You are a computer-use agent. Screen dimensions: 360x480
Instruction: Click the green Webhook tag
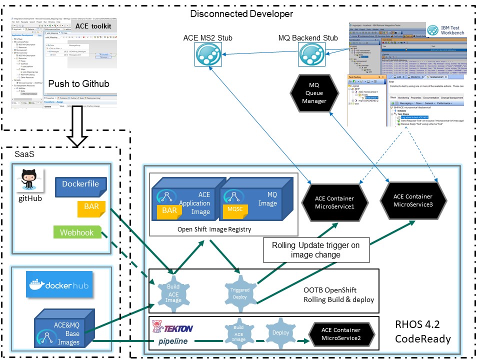(x=77, y=232)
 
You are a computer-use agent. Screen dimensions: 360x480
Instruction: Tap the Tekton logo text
(x=172, y=328)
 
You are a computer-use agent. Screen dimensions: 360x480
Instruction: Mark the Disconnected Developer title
(x=241, y=13)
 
